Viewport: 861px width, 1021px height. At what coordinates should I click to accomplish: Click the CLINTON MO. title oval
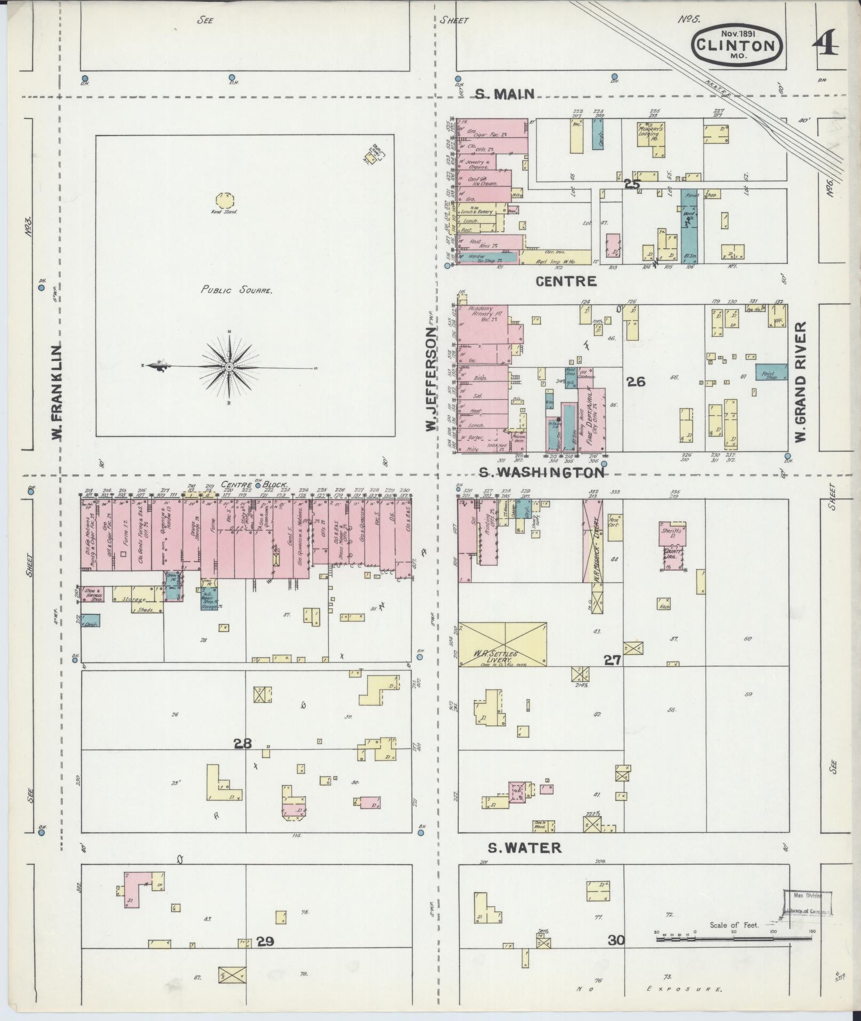click(737, 45)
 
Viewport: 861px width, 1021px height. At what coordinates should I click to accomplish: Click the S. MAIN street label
click(504, 94)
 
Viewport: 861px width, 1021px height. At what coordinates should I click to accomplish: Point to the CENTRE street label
click(566, 281)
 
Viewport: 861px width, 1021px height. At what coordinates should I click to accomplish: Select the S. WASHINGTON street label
click(541, 472)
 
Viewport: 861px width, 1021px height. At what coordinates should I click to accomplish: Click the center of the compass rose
click(229, 367)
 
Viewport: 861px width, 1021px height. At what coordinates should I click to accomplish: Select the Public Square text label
click(237, 290)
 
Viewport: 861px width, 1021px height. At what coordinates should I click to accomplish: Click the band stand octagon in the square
click(224, 201)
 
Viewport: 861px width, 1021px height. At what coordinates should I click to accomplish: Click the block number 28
click(243, 743)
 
